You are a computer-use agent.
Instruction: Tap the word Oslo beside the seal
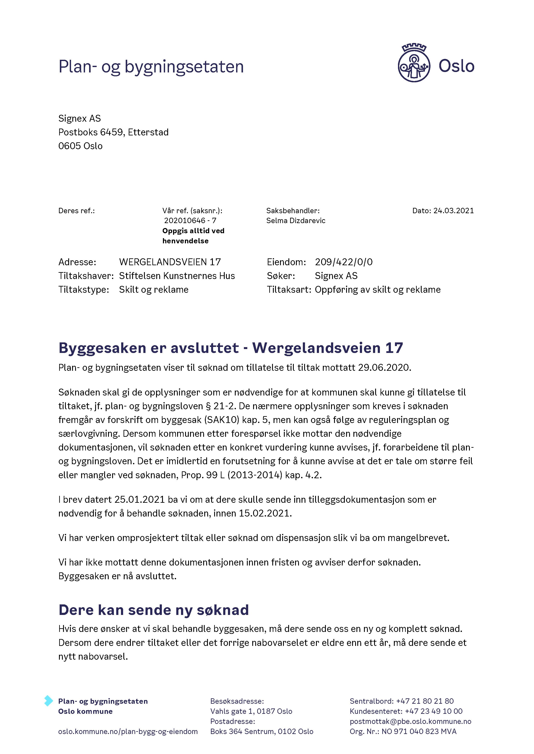(456, 66)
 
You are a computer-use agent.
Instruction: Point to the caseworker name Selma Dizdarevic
(296, 221)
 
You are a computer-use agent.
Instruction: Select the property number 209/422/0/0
(344, 262)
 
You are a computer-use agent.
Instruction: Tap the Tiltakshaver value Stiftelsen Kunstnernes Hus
(177, 276)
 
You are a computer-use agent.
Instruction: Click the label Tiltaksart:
(289, 290)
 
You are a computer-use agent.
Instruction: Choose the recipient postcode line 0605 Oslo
(80, 146)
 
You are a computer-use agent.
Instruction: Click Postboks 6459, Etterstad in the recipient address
(113, 132)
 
